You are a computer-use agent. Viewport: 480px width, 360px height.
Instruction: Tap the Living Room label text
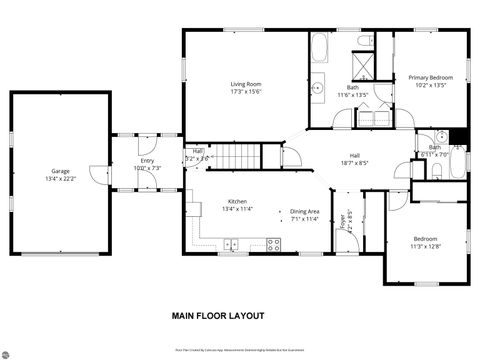[x=245, y=84]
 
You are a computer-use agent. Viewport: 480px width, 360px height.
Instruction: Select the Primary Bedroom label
[x=430, y=77]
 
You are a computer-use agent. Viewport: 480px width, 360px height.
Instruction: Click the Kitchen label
[x=238, y=202]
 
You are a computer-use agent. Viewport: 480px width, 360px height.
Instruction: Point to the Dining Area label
[x=304, y=211]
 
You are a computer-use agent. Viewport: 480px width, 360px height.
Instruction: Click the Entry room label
[x=147, y=160]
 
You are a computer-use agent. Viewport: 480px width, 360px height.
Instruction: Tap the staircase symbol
[x=240, y=156]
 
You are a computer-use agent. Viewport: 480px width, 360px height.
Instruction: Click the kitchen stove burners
[x=273, y=244]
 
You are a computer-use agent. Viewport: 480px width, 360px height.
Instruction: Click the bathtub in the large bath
[x=320, y=48]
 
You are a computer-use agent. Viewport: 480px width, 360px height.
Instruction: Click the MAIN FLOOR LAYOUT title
[x=217, y=315]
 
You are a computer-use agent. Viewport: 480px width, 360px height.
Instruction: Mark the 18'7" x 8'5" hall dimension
[x=353, y=162]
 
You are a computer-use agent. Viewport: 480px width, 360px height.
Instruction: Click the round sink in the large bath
[x=318, y=88]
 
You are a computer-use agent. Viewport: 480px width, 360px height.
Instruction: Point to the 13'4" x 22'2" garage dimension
[x=60, y=178]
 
